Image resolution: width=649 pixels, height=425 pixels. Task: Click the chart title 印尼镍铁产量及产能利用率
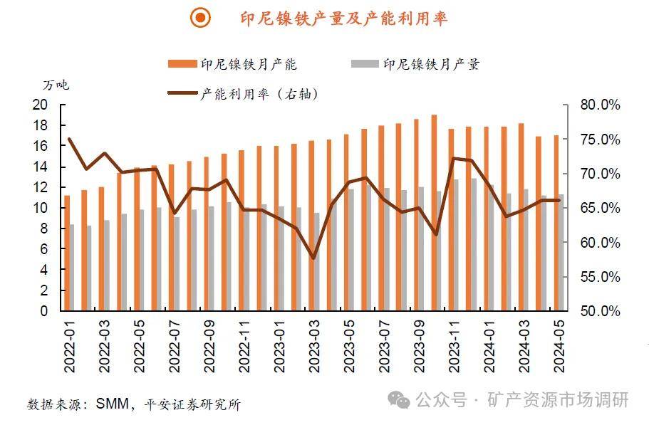tap(343, 19)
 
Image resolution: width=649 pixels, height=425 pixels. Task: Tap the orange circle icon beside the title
tap(202, 19)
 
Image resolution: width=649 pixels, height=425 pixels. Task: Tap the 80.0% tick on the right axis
tap(600, 105)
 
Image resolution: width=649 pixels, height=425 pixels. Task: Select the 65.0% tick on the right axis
tap(600, 208)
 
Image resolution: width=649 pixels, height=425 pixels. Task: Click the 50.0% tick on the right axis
tap(600, 311)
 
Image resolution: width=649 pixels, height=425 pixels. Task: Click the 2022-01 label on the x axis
tap(70, 346)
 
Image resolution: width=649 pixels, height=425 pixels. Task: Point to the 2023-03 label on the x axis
tap(314, 346)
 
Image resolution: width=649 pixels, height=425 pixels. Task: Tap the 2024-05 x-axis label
tap(558, 346)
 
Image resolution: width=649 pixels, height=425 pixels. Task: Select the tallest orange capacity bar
tap(434, 213)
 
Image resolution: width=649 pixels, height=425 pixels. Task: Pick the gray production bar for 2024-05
tap(561, 253)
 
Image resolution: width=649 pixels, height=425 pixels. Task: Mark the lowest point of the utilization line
tap(314, 258)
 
